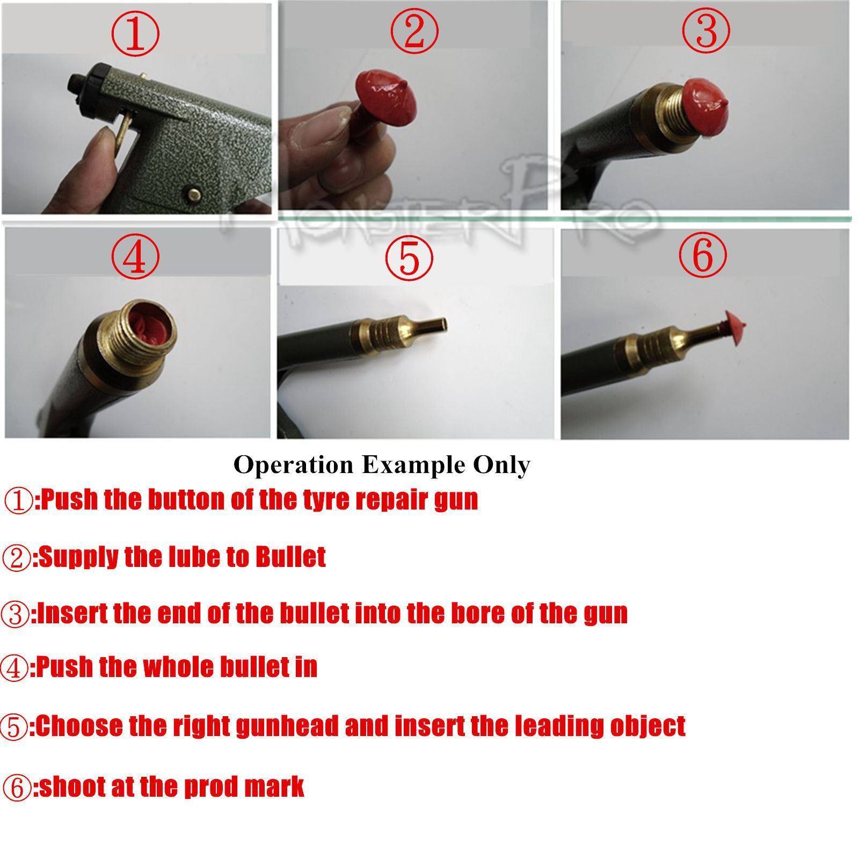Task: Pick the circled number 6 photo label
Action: tap(703, 254)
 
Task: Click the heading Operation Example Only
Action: tap(382, 465)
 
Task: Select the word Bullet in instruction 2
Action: tap(290, 557)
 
